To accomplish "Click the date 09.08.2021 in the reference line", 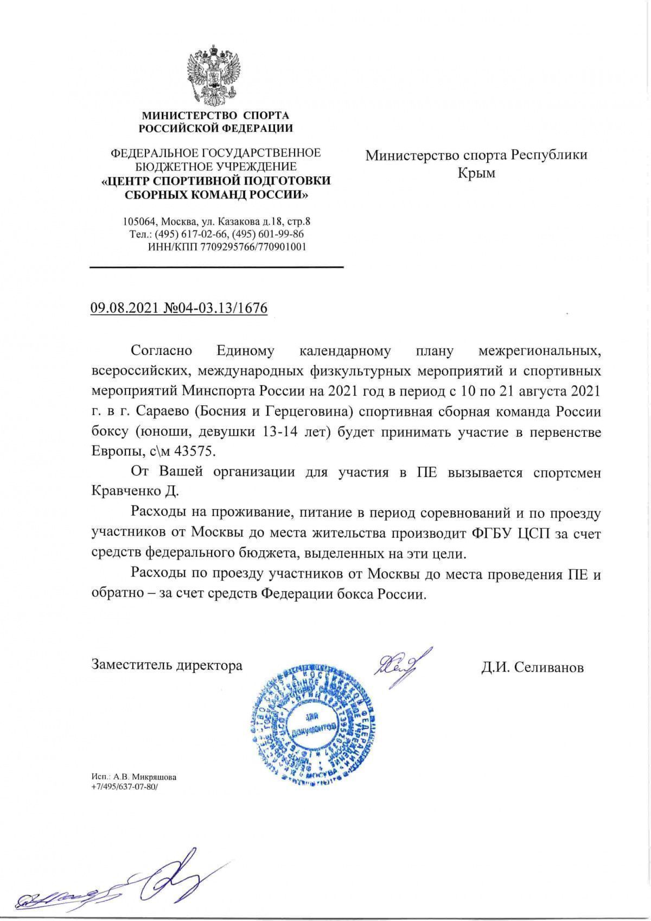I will coord(123,308).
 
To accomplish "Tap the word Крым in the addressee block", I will coord(476,174).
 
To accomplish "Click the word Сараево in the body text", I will coord(161,411).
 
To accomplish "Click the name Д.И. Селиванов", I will coord(532,667).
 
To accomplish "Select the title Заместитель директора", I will coord(167,665).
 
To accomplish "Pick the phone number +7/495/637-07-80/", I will coord(125,786).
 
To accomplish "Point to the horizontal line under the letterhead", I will coord(216,266).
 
